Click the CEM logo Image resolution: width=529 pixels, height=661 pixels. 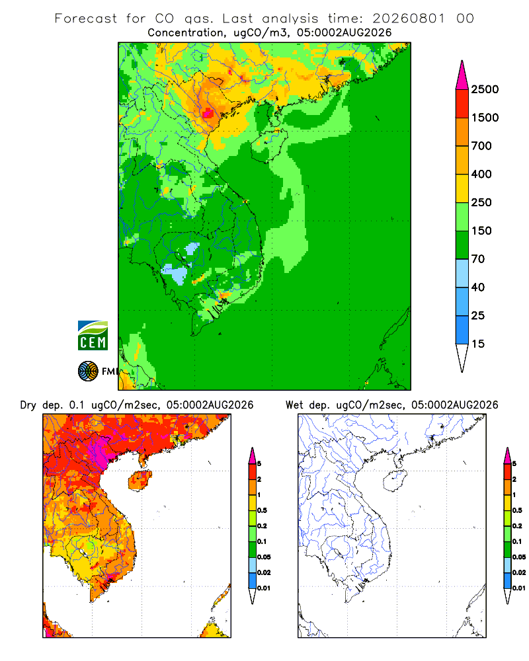coord(93,335)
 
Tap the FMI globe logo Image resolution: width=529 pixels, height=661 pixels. coord(88,371)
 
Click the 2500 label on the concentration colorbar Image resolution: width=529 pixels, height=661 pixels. coord(485,89)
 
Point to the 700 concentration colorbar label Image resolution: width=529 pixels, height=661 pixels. coord(481,146)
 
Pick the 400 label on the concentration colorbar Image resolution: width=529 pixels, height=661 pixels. coord(481,174)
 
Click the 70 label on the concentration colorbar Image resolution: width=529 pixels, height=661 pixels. coord(478,259)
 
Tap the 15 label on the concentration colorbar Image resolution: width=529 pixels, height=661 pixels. coord(478,344)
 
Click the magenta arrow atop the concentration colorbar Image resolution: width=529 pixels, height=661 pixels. coord(462,76)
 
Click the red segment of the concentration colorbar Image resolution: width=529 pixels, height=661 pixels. coord(462,104)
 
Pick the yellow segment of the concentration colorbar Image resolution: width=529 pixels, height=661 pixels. coord(462,188)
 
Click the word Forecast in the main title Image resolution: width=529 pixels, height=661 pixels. coord(86,19)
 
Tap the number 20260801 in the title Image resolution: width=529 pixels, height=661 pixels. coord(409,19)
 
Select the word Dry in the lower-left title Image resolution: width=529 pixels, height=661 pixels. coord(28,405)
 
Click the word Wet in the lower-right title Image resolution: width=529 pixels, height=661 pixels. coord(294,405)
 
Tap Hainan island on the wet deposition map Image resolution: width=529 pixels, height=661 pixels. coord(395,481)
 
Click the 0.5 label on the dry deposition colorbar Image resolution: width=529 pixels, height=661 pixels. coord(262,510)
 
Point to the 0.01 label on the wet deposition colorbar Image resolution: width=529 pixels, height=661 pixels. coord(519,588)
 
